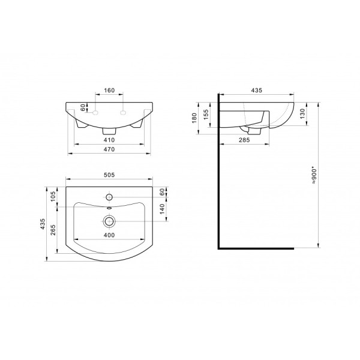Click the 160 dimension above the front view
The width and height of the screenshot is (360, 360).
109,91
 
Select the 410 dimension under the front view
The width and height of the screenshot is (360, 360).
109,140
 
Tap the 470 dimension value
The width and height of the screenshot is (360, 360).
109,149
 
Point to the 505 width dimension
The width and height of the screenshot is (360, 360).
109,176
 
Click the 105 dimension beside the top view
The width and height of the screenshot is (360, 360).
53,196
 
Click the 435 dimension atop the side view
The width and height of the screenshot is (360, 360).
256,90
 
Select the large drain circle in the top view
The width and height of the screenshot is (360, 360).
109,220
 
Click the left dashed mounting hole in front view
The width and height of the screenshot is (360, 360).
94,111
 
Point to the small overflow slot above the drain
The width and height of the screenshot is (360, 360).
109,209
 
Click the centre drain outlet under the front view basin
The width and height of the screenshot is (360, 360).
109,130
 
